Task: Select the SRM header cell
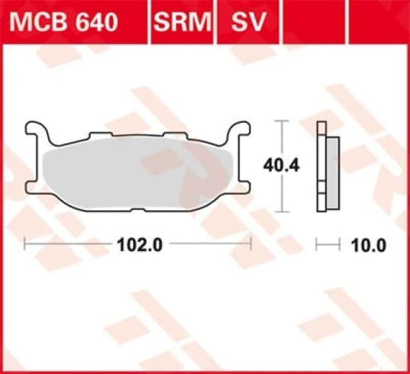182,22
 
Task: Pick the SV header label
247,22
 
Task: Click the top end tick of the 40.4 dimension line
283,120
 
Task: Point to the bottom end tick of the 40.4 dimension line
283,211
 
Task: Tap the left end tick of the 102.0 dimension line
24,243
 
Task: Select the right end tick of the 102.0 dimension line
251,243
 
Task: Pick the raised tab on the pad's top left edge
99,135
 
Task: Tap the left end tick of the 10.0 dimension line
318,244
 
